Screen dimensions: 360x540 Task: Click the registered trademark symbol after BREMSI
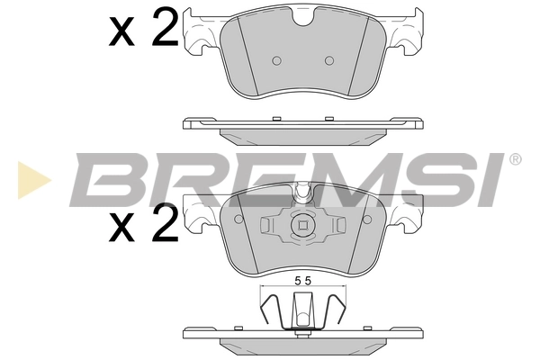click(515, 159)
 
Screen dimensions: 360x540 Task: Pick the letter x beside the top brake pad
click(121, 34)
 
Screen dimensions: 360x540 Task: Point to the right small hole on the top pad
click(329, 60)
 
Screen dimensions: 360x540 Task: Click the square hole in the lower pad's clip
click(303, 226)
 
